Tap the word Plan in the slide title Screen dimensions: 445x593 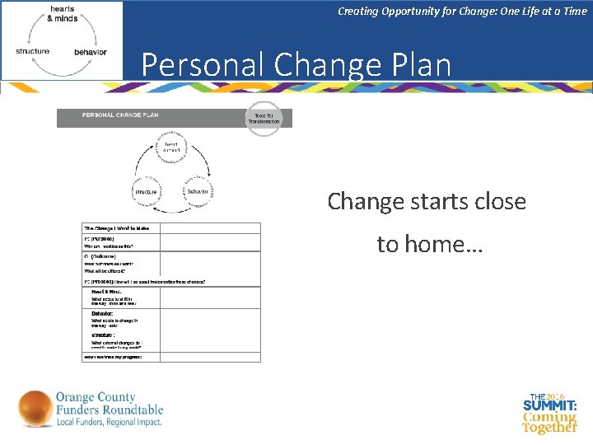pos(419,65)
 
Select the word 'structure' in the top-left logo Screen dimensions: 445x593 pos(33,51)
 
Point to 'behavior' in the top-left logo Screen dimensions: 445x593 pos(90,52)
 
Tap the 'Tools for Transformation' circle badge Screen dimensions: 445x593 pos(264,119)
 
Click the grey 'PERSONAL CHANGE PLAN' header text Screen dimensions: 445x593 pos(120,115)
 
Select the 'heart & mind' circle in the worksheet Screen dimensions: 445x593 pos(171,148)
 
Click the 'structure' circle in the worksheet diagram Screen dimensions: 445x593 pos(145,191)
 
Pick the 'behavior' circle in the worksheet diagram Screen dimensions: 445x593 pos(198,191)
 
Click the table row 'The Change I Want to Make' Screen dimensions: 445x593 pos(121,227)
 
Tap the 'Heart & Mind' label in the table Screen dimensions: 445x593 pos(107,292)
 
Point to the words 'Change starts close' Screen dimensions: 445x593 pos(426,201)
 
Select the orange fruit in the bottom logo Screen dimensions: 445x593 pos(35,410)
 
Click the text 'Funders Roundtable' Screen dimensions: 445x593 pos(110,410)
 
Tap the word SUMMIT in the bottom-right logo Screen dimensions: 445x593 pos(549,406)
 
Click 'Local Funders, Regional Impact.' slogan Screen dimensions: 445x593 pos(110,422)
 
